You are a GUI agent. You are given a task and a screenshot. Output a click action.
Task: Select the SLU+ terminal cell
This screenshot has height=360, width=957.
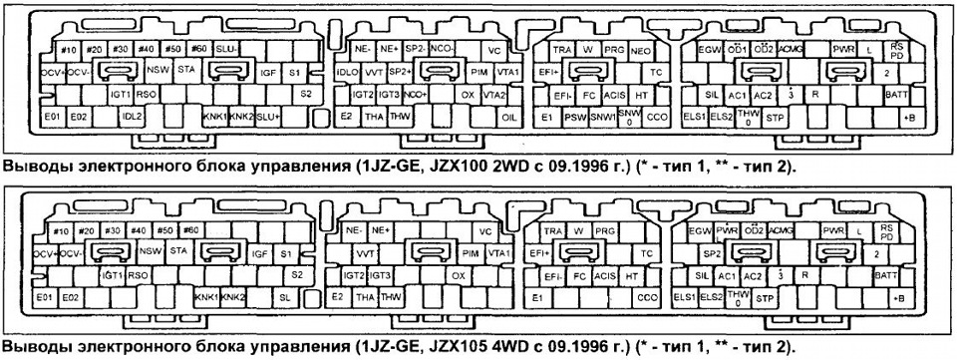pos(268,118)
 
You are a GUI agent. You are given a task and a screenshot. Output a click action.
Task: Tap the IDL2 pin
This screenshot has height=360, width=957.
pos(134,118)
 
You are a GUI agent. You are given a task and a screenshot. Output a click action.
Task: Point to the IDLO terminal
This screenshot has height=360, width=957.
pos(348,73)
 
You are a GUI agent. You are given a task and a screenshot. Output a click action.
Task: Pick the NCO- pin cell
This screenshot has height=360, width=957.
pos(444,49)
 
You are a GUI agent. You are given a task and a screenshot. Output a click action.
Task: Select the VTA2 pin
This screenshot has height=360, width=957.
pos(493,95)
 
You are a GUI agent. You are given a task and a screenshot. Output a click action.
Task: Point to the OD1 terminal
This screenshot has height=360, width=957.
pos(737,49)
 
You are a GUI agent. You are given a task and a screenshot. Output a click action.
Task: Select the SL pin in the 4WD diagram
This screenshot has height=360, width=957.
pos(285,297)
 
